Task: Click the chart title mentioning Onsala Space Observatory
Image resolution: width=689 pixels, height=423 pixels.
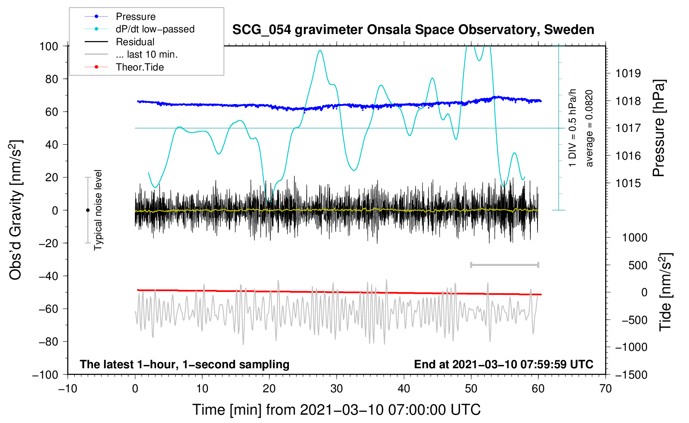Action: click(413, 30)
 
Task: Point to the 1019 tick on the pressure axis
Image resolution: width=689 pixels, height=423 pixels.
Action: click(628, 73)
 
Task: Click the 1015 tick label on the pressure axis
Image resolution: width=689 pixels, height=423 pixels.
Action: click(628, 183)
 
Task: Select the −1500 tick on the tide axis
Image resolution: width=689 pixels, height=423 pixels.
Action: click(631, 374)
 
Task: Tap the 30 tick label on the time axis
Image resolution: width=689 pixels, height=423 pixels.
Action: click(337, 389)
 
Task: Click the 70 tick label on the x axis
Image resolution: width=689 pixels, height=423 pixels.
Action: click(606, 389)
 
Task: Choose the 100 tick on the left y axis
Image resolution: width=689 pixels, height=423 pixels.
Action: click(49, 46)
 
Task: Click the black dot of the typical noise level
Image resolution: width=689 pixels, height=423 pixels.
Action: click(88, 210)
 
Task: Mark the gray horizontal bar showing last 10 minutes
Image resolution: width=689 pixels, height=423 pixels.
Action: click(504, 265)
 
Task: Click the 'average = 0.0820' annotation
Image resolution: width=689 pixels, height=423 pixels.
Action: click(589, 129)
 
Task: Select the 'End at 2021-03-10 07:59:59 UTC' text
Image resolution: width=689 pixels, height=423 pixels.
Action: click(503, 364)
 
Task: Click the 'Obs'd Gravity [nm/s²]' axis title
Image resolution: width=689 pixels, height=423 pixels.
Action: click(16, 210)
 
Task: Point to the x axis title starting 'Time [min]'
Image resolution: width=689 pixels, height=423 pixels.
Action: click(337, 410)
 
